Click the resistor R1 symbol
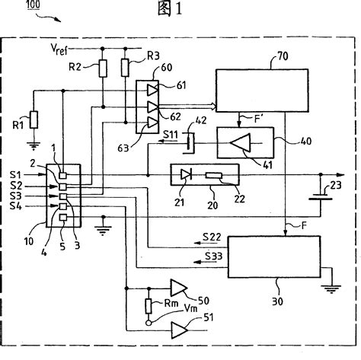pos(32,119)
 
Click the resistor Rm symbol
pos(149,307)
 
